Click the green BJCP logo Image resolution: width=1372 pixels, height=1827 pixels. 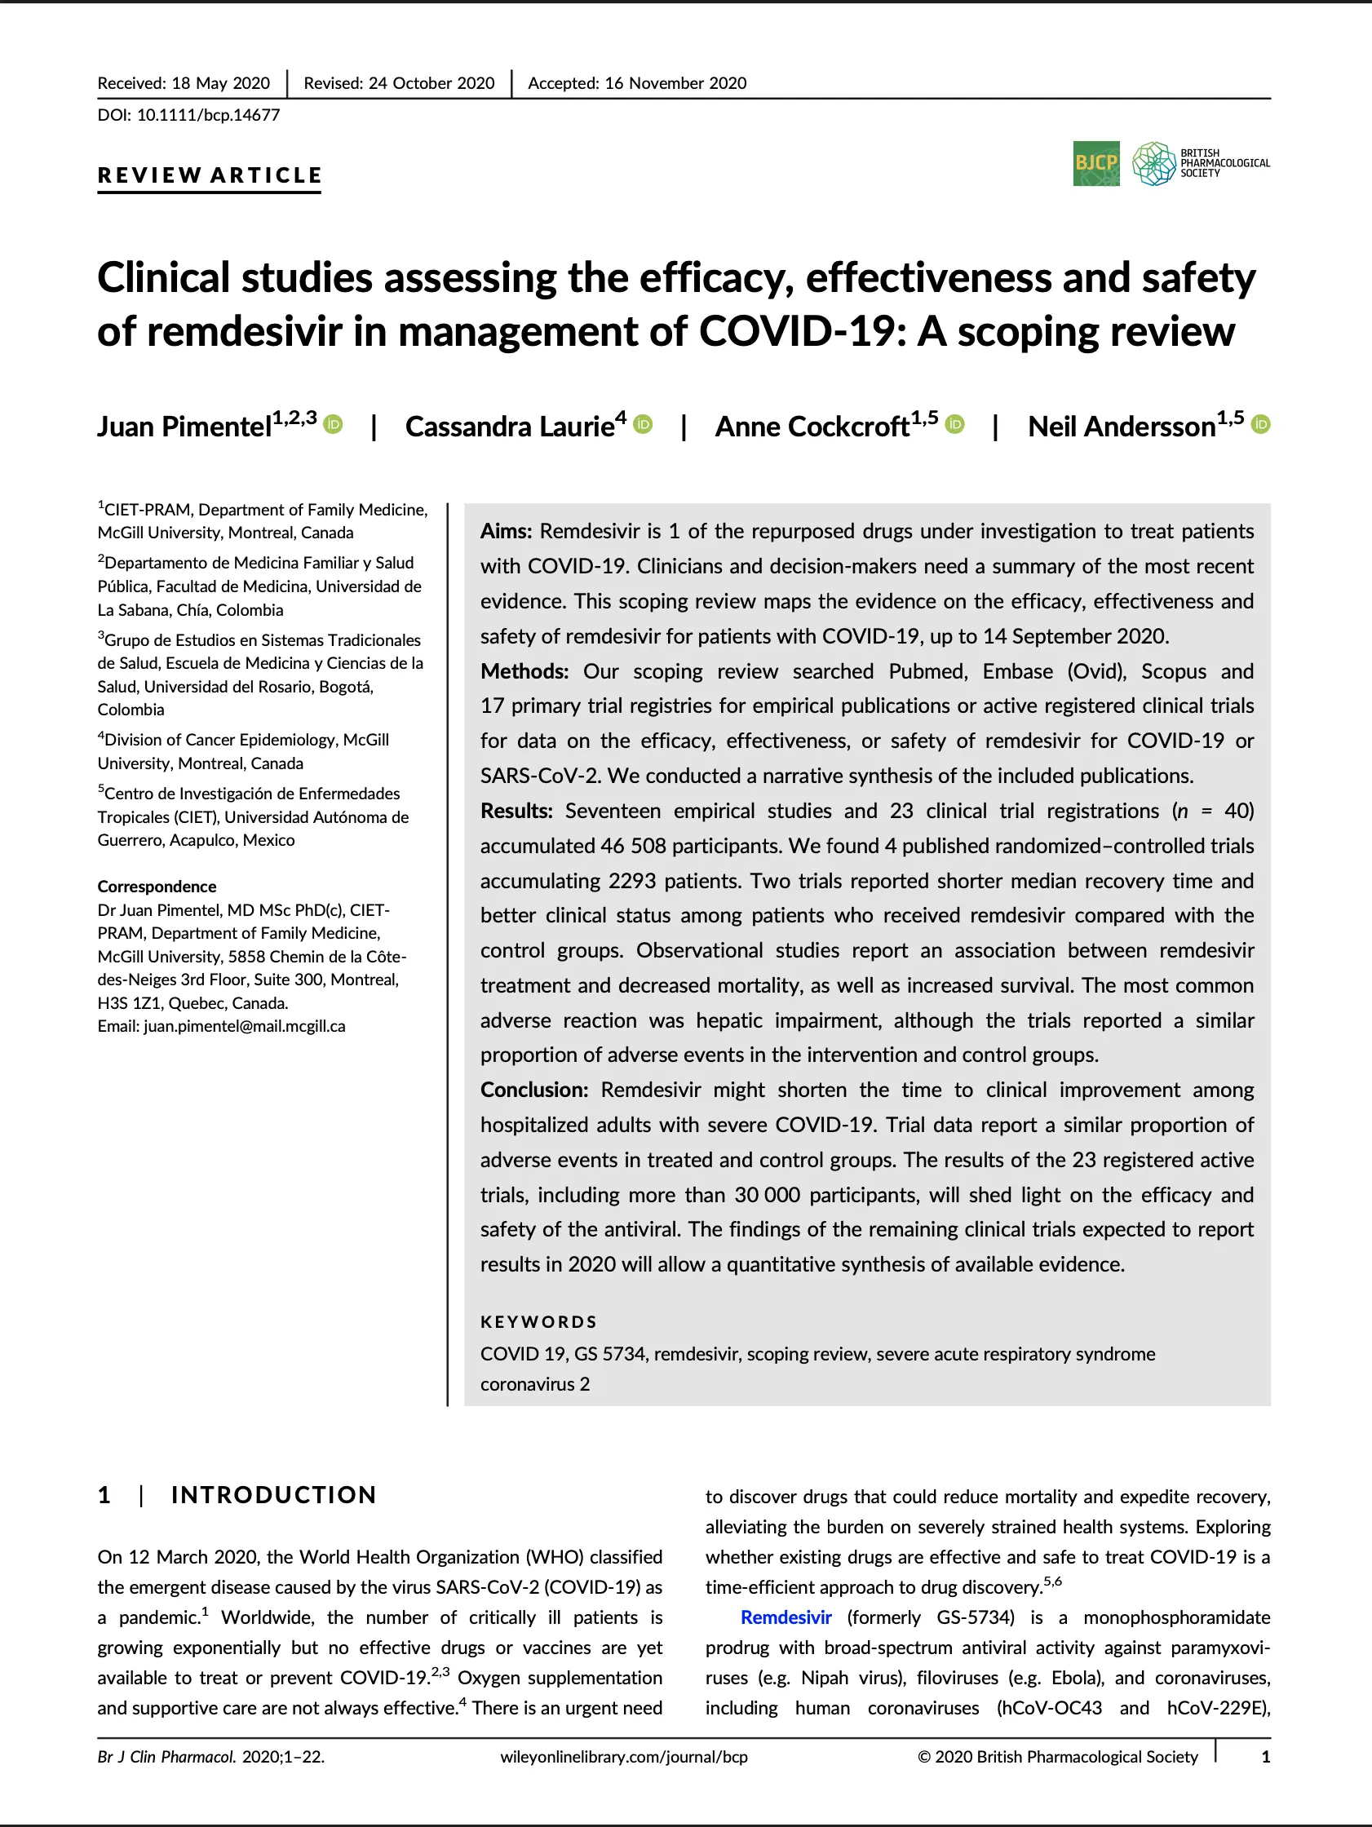[1096, 164]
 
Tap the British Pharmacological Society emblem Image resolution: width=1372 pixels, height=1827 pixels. [1153, 164]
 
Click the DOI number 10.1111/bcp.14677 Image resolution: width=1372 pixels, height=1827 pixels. [208, 116]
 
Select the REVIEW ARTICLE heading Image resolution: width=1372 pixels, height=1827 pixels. [209, 175]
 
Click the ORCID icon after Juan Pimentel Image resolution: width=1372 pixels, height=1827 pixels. [333, 425]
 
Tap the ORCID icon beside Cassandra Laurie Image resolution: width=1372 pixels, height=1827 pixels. [643, 425]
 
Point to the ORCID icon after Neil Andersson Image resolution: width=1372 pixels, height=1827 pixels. [1260, 425]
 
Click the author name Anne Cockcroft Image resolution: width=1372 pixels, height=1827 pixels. [812, 427]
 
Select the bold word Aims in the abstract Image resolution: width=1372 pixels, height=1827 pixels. [507, 531]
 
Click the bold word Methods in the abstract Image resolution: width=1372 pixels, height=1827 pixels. [524, 670]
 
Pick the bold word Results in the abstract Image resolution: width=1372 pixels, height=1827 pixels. [516, 811]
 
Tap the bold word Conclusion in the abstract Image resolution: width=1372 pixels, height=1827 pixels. [533, 1090]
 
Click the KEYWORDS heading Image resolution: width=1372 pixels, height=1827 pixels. [538, 1322]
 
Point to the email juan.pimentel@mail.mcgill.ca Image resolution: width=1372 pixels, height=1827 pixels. [245, 1027]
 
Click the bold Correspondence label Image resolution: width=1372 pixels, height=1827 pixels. [157, 887]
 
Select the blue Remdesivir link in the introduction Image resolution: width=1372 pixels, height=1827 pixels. [786, 1617]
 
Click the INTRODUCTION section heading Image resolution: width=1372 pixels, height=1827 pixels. [273, 1495]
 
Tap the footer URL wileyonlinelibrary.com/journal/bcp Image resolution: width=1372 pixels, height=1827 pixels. [624, 1757]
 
